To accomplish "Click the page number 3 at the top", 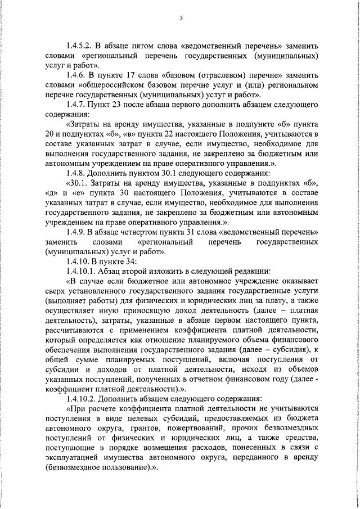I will (181, 17).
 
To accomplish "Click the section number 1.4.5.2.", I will (79, 46).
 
